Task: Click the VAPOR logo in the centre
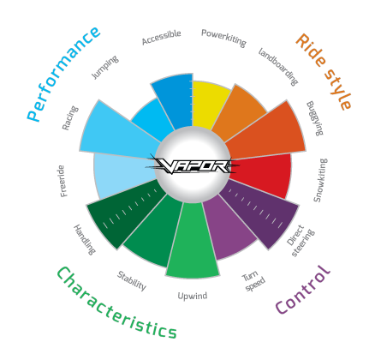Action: pyautogui.click(x=192, y=165)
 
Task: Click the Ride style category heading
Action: pyautogui.click(x=324, y=71)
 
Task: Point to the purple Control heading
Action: pyautogui.click(x=303, y=289)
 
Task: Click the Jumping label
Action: pyautogui.click(x=104, y=67)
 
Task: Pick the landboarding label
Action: pyautogui.click(x=278, y=67)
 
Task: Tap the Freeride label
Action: pyautogui.click(x=63, y=181)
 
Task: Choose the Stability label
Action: pyautogui.click(x=132, y=281)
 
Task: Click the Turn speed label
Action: pyautogui.click(x=253, y=281)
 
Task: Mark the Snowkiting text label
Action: pyautogui.click(x=320, y=180)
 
